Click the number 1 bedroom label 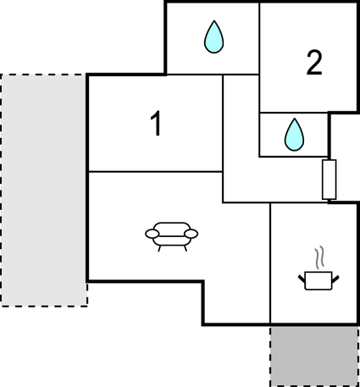[156, 124]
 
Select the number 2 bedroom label [314, 63]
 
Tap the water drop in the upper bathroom [214, 36]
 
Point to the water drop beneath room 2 [295, 135]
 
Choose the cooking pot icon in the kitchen [318, 280]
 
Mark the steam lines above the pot [319, 257]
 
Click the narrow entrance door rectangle [330, 180]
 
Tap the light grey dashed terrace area [44, 191]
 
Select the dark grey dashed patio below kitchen [314, 357]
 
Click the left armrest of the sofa [152, 234]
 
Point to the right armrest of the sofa [191, 234]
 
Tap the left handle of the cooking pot [302, 279]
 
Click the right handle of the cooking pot [335, 279]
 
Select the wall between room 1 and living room [156, 171]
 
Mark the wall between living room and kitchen [270, 263]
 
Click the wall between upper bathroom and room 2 [259, 39]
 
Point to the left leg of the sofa [159, 248]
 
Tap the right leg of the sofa [186, 248]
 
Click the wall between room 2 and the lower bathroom [294, 113]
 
